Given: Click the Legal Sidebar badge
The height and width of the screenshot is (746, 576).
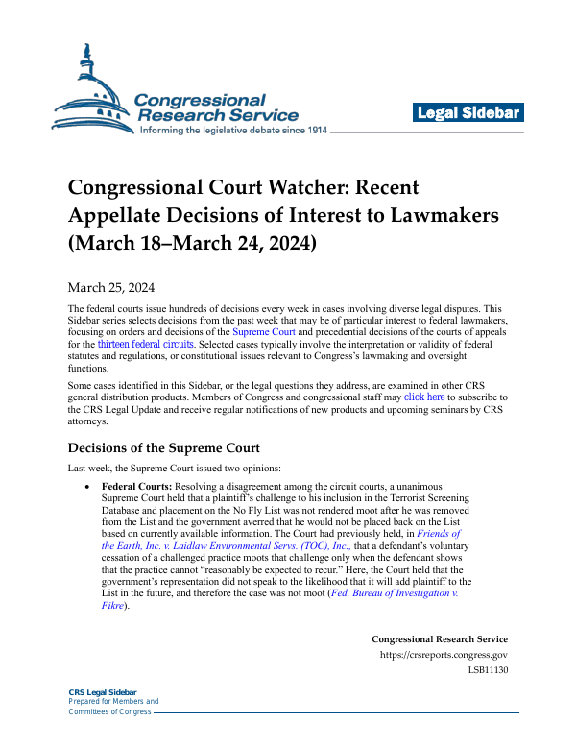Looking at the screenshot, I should tap(468, 113).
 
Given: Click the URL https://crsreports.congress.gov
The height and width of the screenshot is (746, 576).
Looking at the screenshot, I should tap(444, 656).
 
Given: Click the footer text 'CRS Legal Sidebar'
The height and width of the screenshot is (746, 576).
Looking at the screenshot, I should tap(103, 692).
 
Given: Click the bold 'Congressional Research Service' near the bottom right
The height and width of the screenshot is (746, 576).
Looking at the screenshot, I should tap(440, 639).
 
